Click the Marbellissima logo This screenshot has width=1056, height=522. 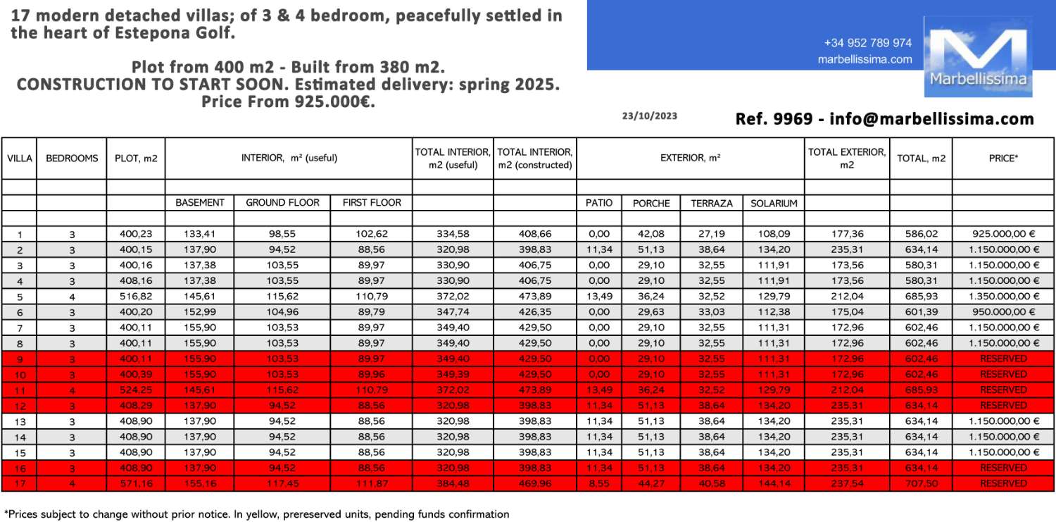point(978,56)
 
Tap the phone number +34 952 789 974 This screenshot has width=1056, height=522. point(867,43)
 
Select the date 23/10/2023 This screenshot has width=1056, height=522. point(649,116)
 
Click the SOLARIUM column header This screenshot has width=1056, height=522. point(774,203)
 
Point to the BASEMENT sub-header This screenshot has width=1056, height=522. point(200,203)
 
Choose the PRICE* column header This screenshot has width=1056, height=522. point(1003,158)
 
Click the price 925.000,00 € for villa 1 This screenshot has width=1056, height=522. point(1003,234)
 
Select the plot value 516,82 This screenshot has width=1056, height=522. point(136,297)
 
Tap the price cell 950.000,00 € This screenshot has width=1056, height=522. point(1003,312)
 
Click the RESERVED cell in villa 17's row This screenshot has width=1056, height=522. point(1003,483)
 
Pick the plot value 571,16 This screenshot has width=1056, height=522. point(136,483)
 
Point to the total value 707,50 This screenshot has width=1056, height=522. point(921,483)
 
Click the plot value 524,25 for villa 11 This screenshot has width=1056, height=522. point(136,390)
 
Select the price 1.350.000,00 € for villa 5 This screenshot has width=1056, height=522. point(1003,297)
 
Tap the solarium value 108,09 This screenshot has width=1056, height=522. point(774,234)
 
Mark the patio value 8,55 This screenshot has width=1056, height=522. point(598,483)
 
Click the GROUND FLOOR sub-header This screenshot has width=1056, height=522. point(282,203)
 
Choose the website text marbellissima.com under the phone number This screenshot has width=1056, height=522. point(865,60)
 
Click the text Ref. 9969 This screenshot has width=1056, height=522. point(773,119)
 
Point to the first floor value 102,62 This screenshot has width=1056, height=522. point(372,234)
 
